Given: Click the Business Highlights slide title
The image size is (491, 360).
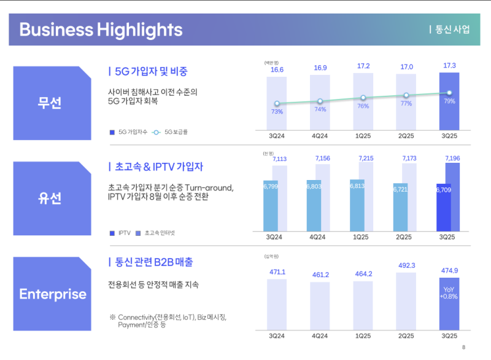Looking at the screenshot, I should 101,29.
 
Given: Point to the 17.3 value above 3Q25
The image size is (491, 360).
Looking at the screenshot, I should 449,65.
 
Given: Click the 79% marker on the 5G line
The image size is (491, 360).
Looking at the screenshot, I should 449,93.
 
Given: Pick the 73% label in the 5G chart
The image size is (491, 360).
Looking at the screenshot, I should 277,112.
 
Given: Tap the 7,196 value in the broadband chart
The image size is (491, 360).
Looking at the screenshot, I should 452,158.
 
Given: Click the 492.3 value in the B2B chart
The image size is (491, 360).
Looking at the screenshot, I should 406,265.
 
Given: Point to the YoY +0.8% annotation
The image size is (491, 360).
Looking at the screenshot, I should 449,292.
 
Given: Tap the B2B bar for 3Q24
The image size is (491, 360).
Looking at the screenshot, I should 277,303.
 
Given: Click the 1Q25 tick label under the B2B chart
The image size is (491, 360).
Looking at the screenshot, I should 363,336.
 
